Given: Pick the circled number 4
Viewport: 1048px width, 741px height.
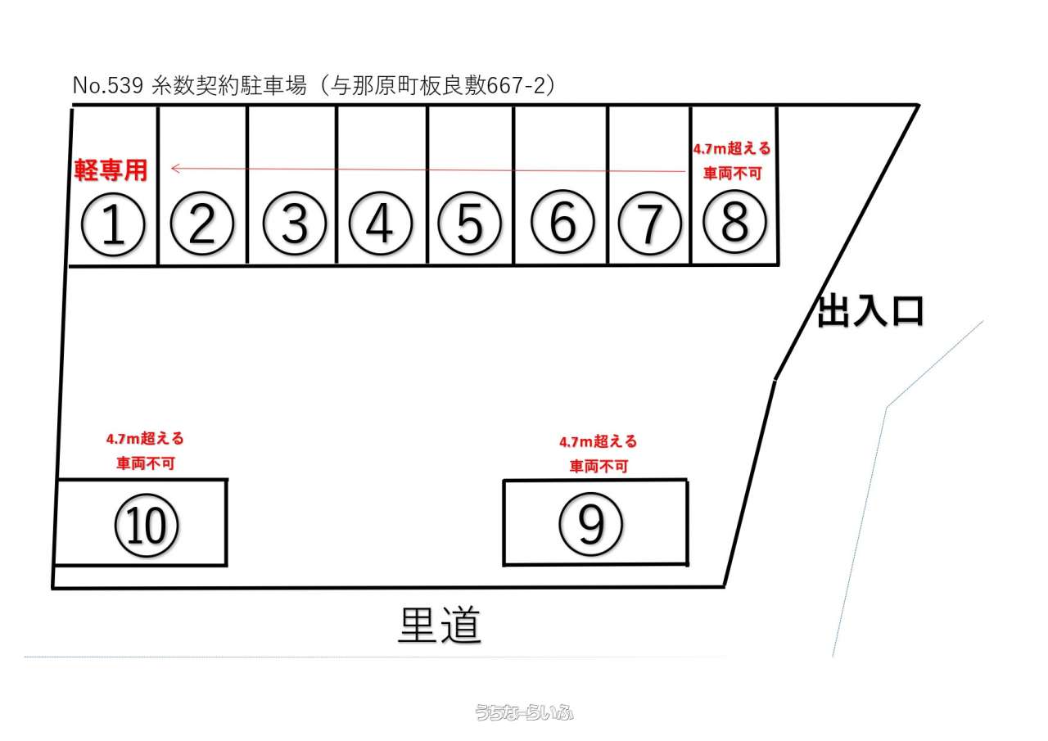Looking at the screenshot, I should click(379, 224).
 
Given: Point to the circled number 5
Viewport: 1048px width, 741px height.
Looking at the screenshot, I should click(469, 224).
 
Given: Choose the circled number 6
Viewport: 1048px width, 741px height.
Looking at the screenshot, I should click(562, 223).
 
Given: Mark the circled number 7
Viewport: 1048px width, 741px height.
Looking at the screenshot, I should click(648, 224).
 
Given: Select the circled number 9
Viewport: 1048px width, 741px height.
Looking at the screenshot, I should click(591, 524).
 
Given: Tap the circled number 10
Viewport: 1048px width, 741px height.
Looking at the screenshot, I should click(147, 526).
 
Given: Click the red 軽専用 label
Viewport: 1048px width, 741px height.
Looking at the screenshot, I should click(111, 170).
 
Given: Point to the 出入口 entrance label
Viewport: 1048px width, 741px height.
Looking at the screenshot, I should click(871, 312).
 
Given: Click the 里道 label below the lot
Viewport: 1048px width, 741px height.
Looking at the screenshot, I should click(440, 626).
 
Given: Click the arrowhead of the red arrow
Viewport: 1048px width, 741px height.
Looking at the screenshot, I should click(174, 169).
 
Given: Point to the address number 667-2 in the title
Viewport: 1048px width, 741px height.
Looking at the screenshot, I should click(516, 85).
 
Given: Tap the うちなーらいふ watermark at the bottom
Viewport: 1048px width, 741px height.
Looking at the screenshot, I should click(524, 712).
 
